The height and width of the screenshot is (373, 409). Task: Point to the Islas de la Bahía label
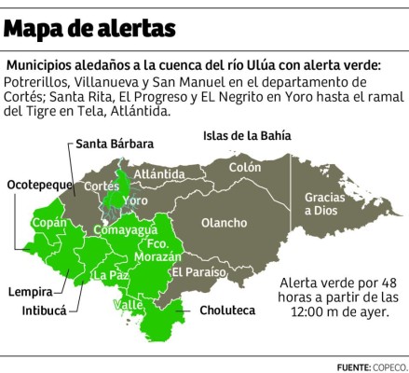247,135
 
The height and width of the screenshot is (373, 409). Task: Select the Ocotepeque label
40,185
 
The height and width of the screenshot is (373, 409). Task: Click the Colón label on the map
245,168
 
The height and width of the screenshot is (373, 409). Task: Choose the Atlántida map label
158,173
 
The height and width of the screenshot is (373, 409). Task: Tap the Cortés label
102,186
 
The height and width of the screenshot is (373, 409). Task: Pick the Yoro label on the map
136,200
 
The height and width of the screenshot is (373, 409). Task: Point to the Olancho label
225,223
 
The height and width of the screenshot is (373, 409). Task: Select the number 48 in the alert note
381,281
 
